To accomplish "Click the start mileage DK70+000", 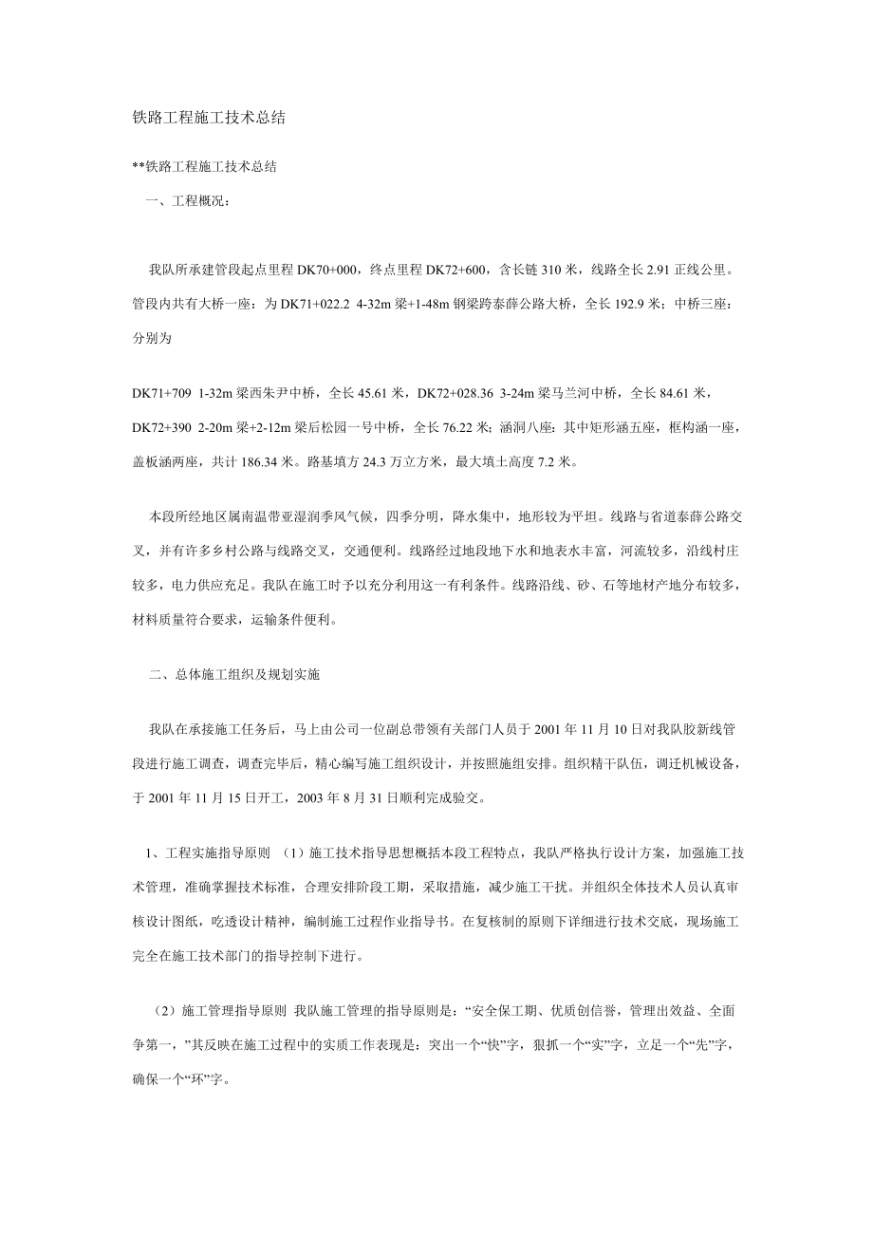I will tap(328, 270).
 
